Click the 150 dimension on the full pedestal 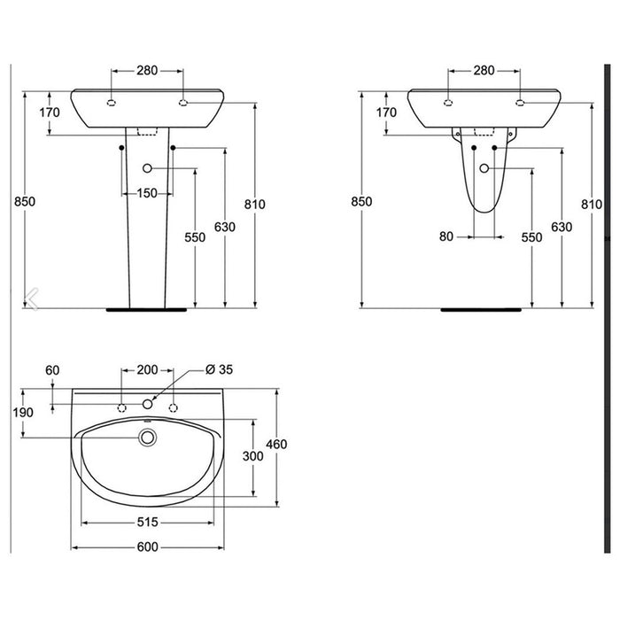coord(147,194)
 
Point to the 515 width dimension coord(148,523)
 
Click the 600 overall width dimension coord(148,549)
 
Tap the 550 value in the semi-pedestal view coord(531,237)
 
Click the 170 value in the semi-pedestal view coord(386,112)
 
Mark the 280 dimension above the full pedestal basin coord(147,69)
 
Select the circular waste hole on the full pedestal coord(147,168)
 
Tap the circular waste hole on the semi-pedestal coord(484,168)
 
